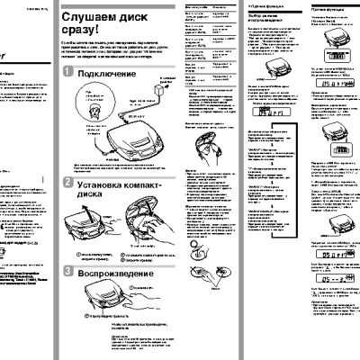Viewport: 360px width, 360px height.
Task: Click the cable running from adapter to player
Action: (149, 112)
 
